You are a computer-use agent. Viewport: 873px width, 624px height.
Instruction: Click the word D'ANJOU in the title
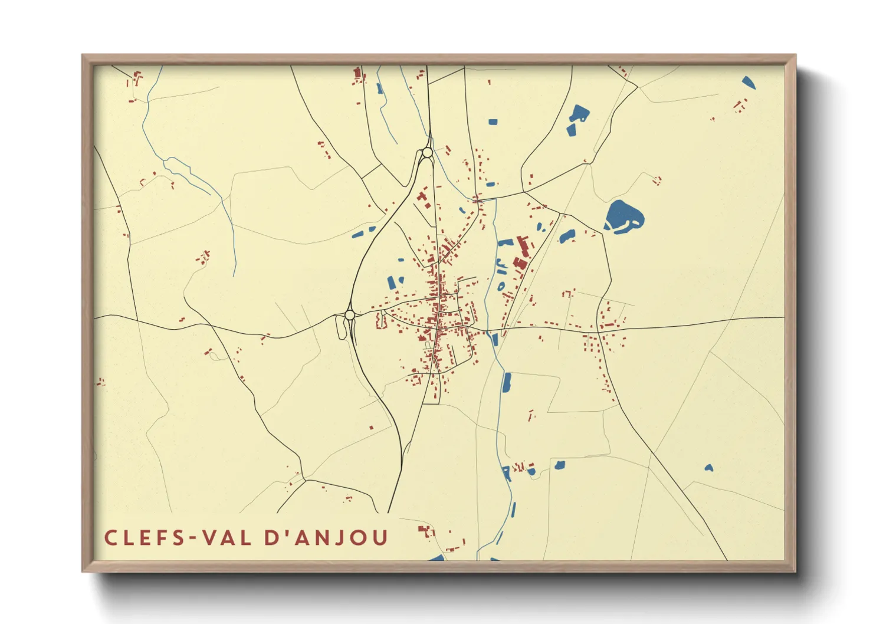coord(326,538)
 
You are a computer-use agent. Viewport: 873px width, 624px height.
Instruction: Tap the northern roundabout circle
coord(427,153)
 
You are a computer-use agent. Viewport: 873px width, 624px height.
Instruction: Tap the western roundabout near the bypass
coord(349,316)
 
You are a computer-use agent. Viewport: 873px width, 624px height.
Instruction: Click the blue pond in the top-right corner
coord(748,83)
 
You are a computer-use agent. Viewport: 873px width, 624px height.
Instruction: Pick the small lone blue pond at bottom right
coord(708,468)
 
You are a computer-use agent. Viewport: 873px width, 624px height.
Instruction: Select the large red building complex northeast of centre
coord(521,254)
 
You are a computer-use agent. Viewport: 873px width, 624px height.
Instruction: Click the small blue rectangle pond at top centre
coord(493,122)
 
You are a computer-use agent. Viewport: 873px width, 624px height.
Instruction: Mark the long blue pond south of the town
coord(506,383)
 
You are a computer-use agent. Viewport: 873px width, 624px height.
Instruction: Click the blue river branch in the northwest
coord(189,171)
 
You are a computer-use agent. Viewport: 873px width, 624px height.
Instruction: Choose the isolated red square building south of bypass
coord(371,428)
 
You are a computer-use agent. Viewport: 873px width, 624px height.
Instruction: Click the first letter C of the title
coord(110,538)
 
